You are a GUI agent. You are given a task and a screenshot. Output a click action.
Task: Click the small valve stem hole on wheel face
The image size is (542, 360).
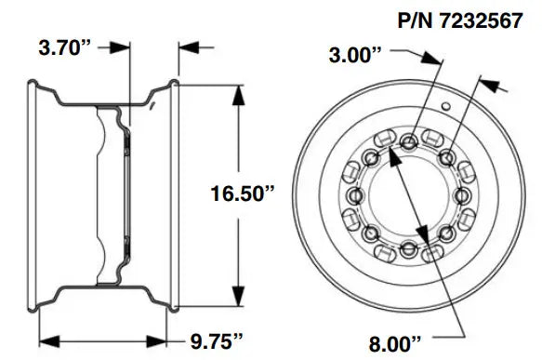tap(447, 110)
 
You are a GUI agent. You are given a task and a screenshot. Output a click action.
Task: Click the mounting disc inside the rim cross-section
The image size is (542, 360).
tap(125, 193)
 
